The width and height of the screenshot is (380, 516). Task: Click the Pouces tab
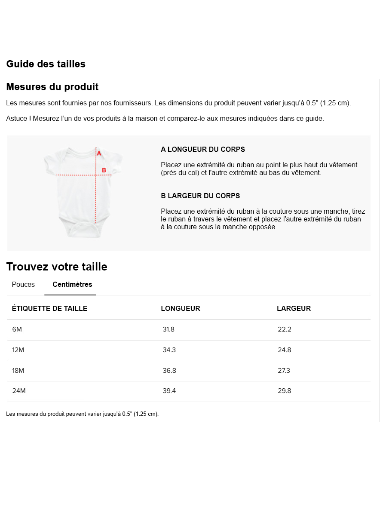tap(23, 285)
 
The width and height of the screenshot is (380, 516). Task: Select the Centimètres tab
tap(72, 285)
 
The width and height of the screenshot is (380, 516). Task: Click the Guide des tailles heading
tap(46, 64)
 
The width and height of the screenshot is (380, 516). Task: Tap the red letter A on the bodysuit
tap(99, 153)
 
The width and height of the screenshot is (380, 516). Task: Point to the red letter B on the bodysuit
tap(104, 170)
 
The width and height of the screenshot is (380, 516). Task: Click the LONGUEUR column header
tap(181, 308)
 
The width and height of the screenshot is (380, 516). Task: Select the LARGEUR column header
tap(294, 308)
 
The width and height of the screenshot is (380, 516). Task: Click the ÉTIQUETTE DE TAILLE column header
tap(49, 308)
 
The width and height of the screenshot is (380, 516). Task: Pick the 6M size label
tap(17, 329)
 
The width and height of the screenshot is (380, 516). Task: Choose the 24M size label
tap(19, 391)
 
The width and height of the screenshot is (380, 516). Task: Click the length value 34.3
tap(169, 350)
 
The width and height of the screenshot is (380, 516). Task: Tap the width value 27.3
tap(284, 371)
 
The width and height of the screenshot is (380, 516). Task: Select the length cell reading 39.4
tap(169, 391)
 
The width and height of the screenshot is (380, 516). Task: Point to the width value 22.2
tap(285, 329)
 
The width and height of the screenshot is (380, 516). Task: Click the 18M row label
tap(18, 371)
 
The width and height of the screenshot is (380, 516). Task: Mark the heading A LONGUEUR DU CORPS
tap(203, 150)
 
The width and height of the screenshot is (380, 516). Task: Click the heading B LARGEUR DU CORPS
tap(200, 196)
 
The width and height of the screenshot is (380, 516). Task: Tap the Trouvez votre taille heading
tap(57, 267)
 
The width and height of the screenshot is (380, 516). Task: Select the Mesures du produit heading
tap(52, 87)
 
